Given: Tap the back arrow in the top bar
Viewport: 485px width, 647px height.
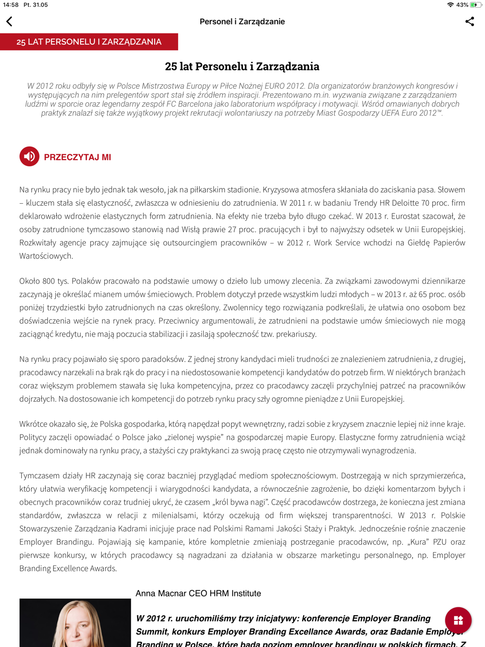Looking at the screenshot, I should point(9,21).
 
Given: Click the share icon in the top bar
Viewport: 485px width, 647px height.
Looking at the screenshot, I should point(469,21).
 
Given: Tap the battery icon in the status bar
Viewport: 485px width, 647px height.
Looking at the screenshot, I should point(476,5).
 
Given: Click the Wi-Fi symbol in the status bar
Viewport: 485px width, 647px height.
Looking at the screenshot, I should point(451,5).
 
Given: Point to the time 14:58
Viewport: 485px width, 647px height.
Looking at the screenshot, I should point(11,5).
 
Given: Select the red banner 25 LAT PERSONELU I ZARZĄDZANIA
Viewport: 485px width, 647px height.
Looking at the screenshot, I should point(89,42).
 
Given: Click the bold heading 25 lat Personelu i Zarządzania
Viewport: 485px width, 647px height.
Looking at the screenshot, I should point(242,66).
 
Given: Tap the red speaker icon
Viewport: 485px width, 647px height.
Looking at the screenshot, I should point(30,156).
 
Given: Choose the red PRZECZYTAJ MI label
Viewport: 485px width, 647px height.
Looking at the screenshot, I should point(78,157).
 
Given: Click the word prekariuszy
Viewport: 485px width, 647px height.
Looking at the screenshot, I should point(296,334).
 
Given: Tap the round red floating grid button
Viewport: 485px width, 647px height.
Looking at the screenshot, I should point(458,620).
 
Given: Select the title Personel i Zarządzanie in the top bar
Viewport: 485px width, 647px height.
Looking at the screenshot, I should point(242,21).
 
